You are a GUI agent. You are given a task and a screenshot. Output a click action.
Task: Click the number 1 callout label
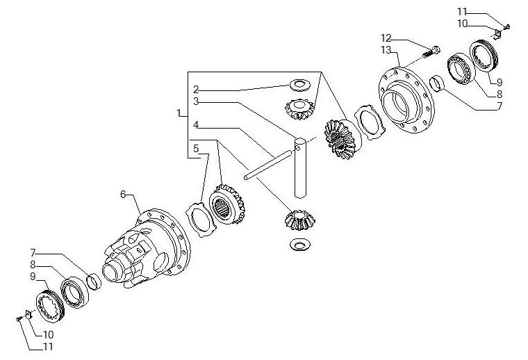(179, 113)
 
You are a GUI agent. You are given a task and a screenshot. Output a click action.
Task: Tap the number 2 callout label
(196, 90)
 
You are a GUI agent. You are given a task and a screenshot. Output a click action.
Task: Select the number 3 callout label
(196, 101)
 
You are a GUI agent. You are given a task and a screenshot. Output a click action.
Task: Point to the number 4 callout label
(196, 125)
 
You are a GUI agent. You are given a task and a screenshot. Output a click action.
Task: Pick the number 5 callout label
(196, 149)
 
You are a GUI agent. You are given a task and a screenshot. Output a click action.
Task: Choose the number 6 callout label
(123, 195)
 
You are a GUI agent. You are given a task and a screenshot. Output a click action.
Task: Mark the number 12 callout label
(386, 38)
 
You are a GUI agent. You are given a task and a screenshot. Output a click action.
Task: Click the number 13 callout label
(386, 50)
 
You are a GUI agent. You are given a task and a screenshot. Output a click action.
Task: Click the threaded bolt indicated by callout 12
(431, 52)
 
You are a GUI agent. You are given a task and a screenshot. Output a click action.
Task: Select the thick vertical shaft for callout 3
(300, 167)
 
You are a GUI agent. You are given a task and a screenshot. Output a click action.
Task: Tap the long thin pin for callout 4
(268, 164)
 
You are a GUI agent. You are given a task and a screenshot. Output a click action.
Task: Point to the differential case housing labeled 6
(147, 249)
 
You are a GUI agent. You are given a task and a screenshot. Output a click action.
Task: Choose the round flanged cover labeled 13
(407, 100)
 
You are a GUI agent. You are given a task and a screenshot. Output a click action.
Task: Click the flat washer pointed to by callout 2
(299, 85)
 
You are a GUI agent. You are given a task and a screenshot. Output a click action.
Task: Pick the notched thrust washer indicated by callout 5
(201, 220)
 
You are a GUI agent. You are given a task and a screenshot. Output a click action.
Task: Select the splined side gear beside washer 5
(227, 204)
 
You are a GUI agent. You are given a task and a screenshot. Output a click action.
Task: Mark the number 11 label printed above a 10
(462, 12)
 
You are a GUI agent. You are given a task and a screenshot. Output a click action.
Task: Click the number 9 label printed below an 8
(33, 277)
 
